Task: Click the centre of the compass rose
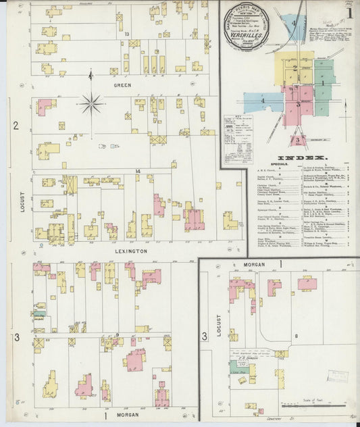pos(91,103)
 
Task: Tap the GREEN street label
pos(122,85)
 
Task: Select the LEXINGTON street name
pos(130,251)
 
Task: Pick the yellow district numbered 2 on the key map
pos(294,68)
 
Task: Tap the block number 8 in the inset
pos(296,334)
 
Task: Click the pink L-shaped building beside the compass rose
pos(45,107)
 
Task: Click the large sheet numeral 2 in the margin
pos(15,125)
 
